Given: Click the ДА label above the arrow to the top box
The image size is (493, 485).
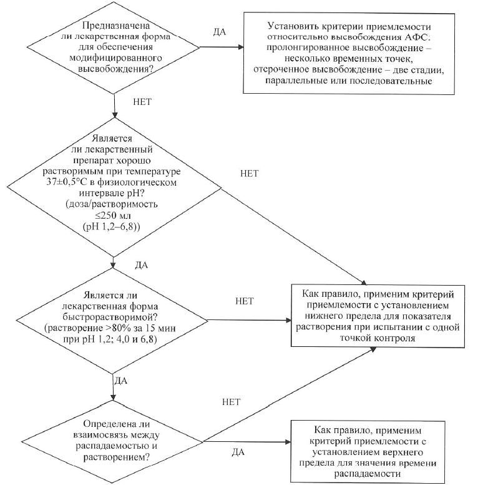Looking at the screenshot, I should (220, 31).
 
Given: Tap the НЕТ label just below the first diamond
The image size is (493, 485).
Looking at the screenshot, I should (143, 100).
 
